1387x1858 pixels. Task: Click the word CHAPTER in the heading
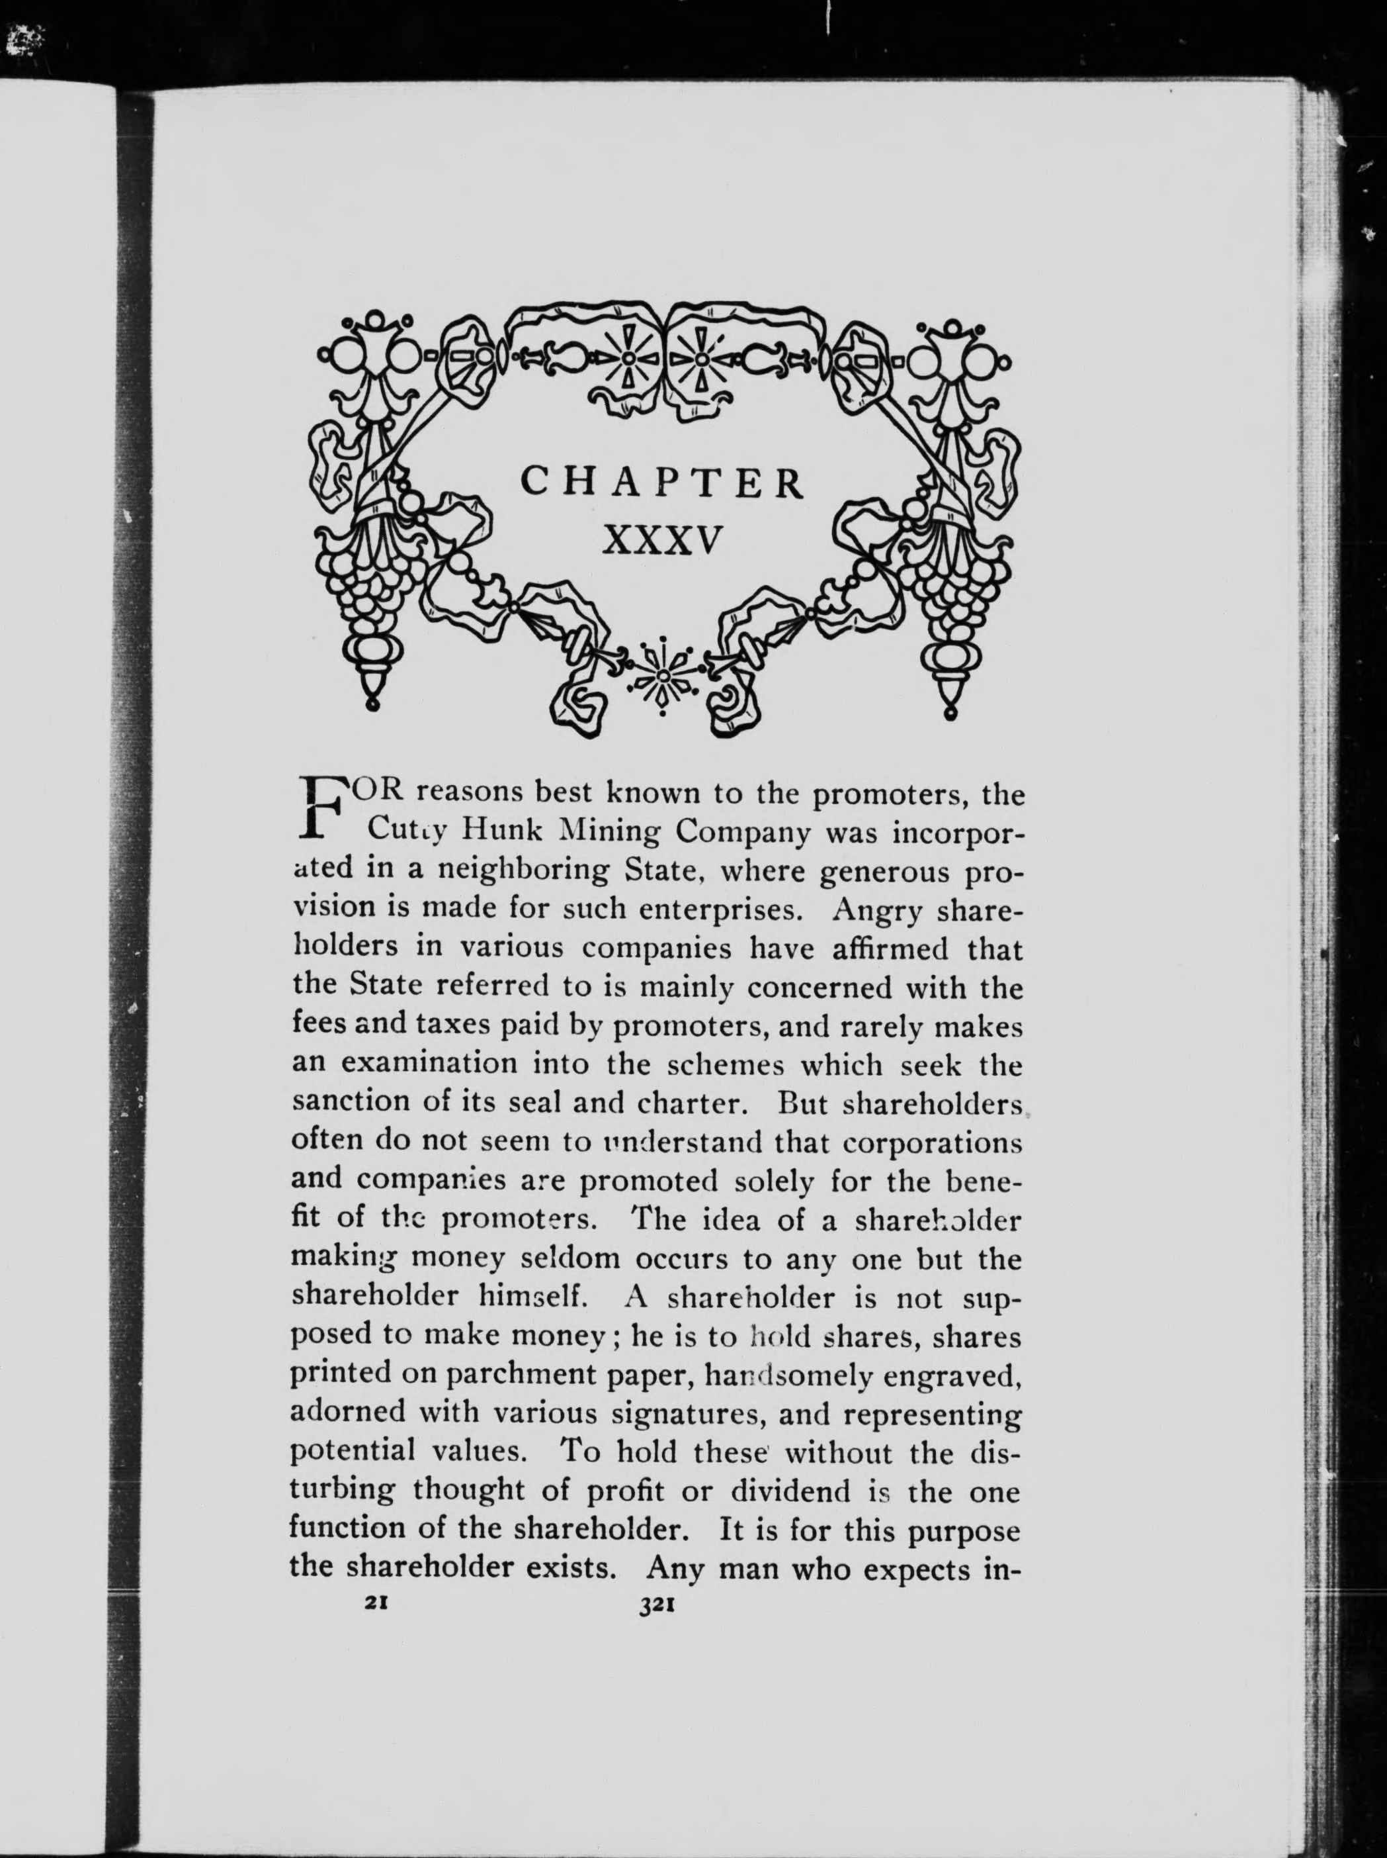661,483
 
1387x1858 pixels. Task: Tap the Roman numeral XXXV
661,541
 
